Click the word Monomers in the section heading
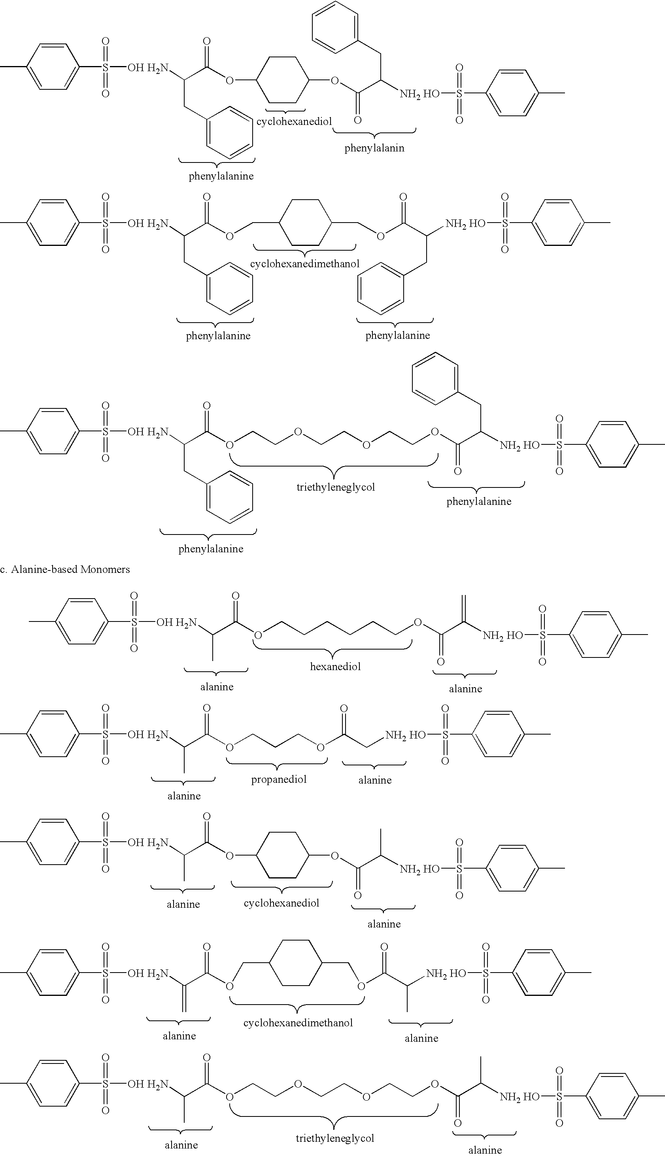[105, 569]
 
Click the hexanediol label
[335, 667]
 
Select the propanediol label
[279, 780]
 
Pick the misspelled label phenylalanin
[374, 148]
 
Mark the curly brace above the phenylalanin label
[374, 132]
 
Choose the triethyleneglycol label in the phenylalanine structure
[336, 487]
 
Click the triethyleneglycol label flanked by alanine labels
[335, 1138]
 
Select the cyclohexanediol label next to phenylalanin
[294, 122]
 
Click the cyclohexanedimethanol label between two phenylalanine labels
[305, 264]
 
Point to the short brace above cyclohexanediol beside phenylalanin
[285, 111]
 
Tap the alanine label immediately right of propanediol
[375, 780]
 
